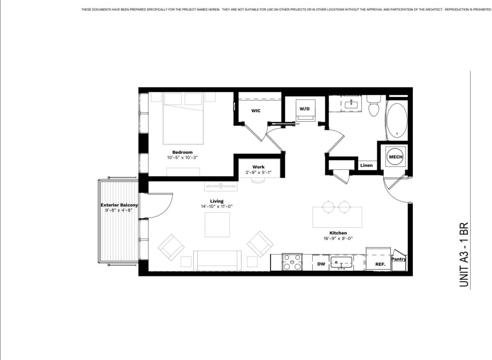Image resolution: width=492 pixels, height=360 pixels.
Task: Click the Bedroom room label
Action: click(182, 152)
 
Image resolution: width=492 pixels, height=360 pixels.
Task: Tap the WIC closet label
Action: click(256, 111)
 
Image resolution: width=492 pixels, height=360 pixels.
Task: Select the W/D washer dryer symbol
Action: click(305, 112)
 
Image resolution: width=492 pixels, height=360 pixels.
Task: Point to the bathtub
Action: click(396, 120)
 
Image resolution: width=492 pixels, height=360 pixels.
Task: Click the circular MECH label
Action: click(395, 157)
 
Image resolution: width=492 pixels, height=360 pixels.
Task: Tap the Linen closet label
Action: click(366, 166)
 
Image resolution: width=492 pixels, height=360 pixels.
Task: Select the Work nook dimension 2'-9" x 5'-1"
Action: click(258, 172)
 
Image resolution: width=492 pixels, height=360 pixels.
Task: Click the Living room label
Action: click(217, 201)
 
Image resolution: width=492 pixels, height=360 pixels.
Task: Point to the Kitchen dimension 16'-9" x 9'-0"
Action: click(338, 238)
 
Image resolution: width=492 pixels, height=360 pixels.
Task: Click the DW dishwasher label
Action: click(321, 264)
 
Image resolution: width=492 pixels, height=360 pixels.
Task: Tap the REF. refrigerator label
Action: click(380, 264)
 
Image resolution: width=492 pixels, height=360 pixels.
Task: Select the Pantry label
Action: click(398, 259)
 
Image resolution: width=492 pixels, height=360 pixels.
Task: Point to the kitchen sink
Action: click(342, 262)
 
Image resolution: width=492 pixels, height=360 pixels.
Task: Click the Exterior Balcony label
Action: click(119, 205)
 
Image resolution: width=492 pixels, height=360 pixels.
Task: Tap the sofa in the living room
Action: click(217, 260)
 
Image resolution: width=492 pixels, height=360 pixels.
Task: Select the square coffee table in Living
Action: click(217, 225)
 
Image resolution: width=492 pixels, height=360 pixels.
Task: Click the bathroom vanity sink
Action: click(351, 105)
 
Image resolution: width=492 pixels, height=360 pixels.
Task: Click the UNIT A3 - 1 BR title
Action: click(464, 254)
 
